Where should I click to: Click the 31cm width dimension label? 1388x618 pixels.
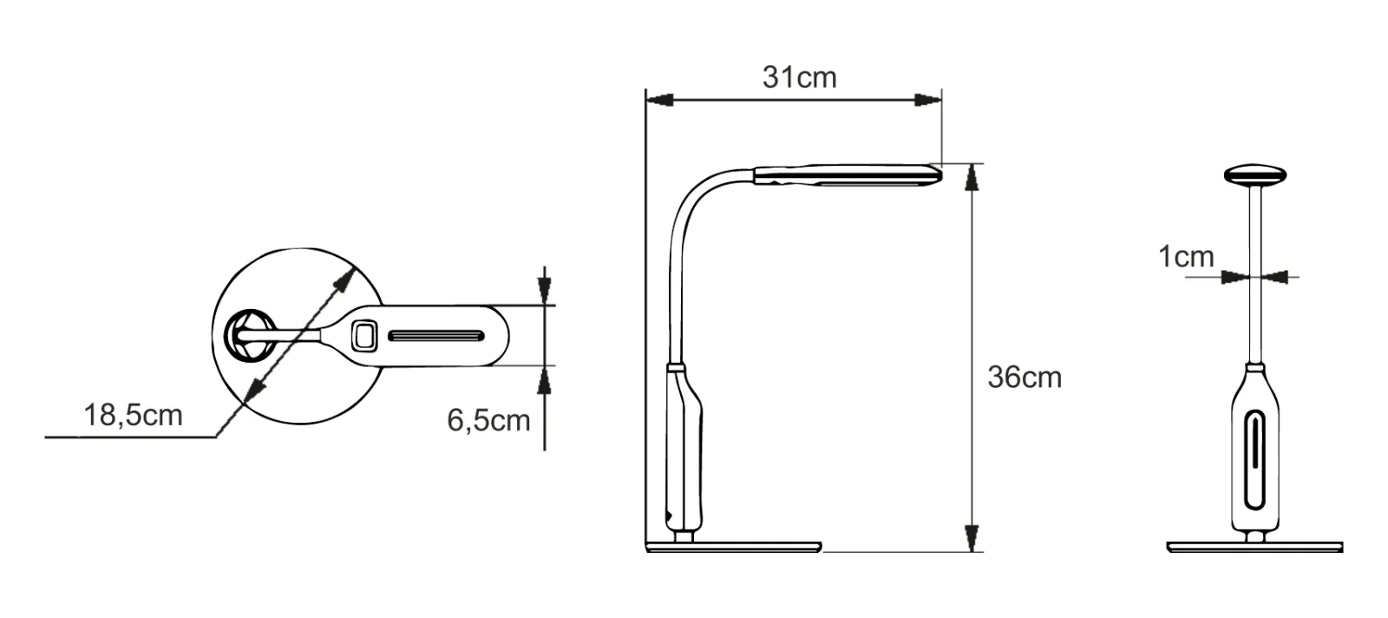click(799, 77)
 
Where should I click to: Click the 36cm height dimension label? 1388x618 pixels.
click(1025, 377)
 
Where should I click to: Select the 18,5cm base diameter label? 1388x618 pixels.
click(134, 415)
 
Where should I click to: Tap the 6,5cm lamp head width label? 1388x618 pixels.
click(488, 421)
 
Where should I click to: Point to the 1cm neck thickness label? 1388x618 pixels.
click(1186, 257)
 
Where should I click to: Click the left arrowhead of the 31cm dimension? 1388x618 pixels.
click(659, 100)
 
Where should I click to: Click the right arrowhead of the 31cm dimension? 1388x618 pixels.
click(927, 100)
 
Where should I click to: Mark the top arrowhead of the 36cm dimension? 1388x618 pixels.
click(972, 178)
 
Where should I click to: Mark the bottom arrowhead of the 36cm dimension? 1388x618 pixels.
click(972, 537)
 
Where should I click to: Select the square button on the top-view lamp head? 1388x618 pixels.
click(364, 336)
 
